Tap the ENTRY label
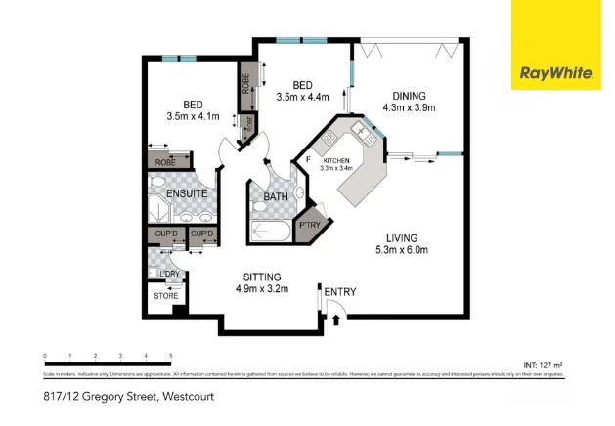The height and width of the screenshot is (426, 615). pos(340,292)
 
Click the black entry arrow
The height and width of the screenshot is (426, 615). pos(336,317)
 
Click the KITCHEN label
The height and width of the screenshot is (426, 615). pos(335,160)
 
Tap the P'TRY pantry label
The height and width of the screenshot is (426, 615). pos(310,222)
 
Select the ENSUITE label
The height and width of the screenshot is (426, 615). pos(186,193)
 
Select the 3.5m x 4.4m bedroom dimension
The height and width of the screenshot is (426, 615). pos(302,97)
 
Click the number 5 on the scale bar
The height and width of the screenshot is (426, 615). pos(171,355)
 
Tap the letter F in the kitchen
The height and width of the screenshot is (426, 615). pos(308,159)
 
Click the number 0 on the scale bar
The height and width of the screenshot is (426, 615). pos(45,355)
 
